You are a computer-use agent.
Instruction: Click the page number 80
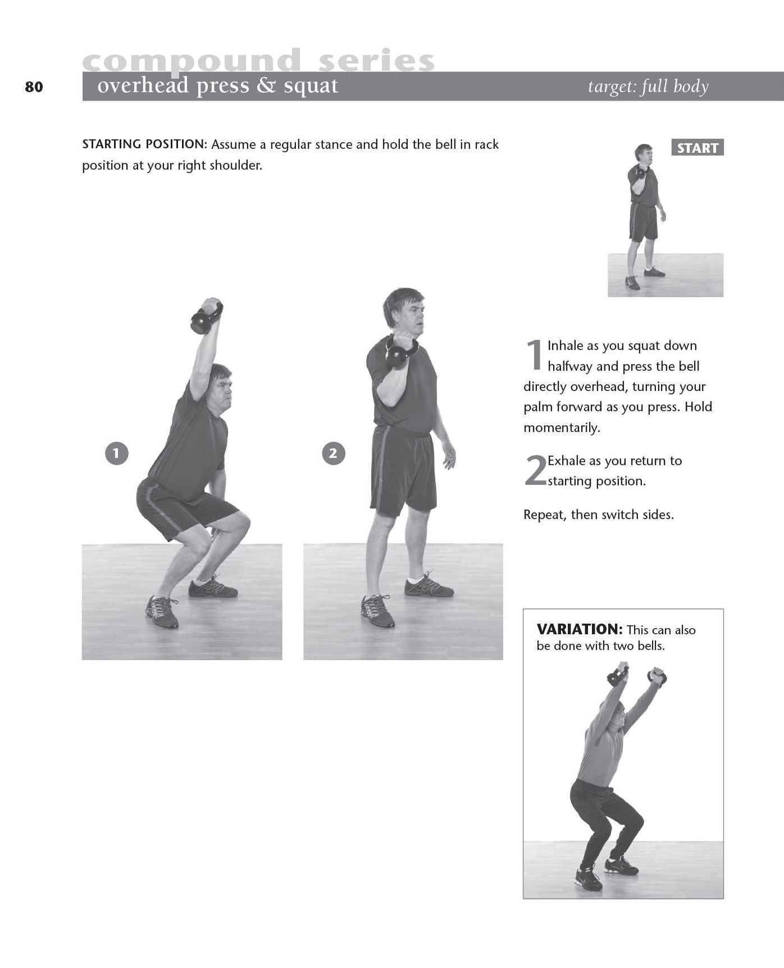[34, 87]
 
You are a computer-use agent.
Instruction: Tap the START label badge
[698, 148]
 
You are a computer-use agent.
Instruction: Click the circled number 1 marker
[116, 453]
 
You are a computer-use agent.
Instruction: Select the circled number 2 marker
[333, 453]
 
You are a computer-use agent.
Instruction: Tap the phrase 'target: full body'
[648, 87]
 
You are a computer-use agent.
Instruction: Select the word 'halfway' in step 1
[570, 366]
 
